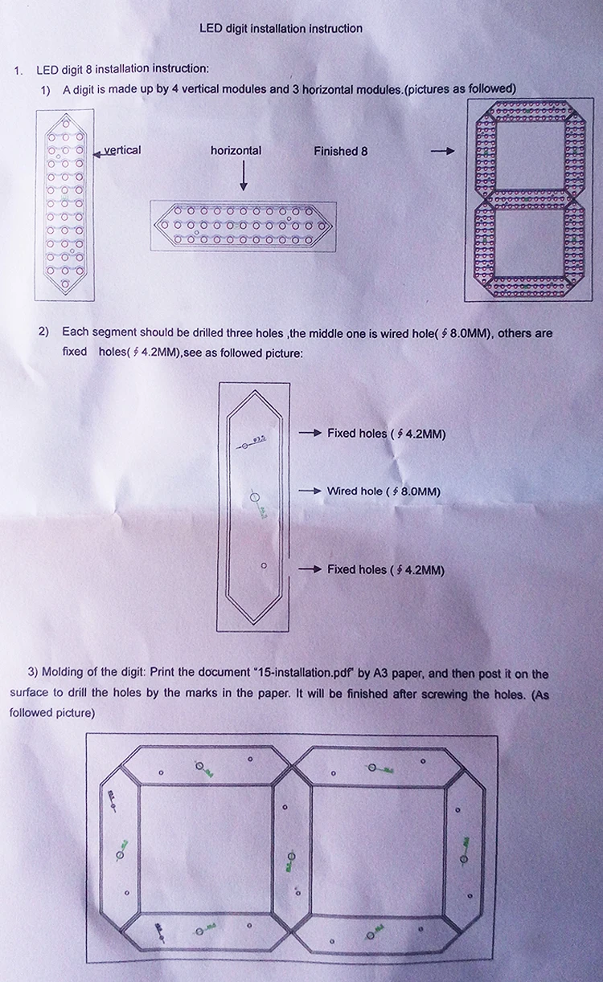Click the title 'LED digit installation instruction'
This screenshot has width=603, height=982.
tap(281, 29)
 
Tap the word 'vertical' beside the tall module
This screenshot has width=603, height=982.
tap(122, 150)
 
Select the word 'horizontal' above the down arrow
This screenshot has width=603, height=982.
tap(236, 150)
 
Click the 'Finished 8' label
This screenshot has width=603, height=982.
tap(341, 151)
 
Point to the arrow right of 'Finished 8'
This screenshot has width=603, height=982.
tap(443, 151)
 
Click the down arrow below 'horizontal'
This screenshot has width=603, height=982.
tap(244, 176)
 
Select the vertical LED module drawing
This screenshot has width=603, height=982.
tap(65, 205)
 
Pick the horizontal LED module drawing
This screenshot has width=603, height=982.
tap(243, 226)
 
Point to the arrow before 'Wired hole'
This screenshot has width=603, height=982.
tap(310, 491)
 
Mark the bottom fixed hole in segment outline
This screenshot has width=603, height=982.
tap(264, 566)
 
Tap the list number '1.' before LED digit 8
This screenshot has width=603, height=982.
tap(18, 70)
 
